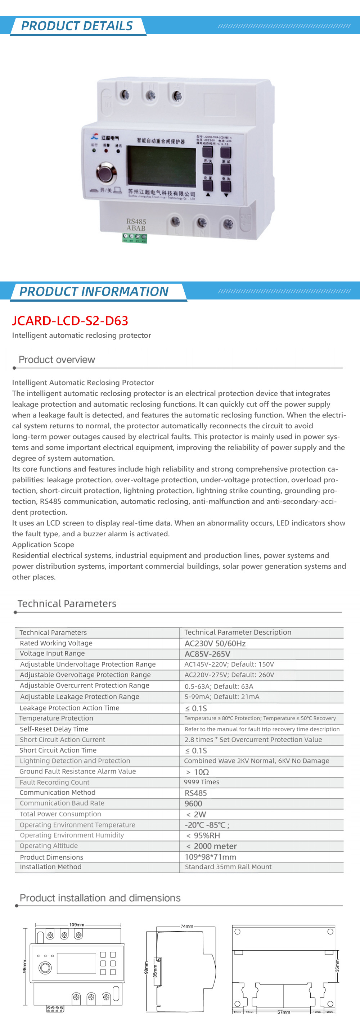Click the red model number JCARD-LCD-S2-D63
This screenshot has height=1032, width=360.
pos(70,320)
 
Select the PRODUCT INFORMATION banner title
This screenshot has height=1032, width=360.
pos(94,291)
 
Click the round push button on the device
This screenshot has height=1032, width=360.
pos(106,173)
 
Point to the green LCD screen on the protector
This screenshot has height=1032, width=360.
pos(161,166)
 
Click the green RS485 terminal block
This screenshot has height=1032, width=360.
pos(135,238)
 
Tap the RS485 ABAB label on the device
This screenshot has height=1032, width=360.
pos(136,225)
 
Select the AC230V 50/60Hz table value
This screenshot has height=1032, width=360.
pos(215,643)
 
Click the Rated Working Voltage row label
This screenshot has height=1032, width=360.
pos(56,643)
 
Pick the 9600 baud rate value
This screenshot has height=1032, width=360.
pos(193,804)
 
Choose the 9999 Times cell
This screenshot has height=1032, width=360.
pos(202,782)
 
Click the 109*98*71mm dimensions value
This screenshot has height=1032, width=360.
pos(210,857)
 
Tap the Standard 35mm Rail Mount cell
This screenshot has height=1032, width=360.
pos(228,867)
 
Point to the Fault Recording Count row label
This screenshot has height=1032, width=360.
pos(54,783)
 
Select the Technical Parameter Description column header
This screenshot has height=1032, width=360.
pos(238,632)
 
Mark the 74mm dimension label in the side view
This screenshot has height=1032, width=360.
pos(186,926)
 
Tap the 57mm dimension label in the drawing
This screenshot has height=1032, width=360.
pos(284,1012)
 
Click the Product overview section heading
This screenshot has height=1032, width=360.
pos(57,359)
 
